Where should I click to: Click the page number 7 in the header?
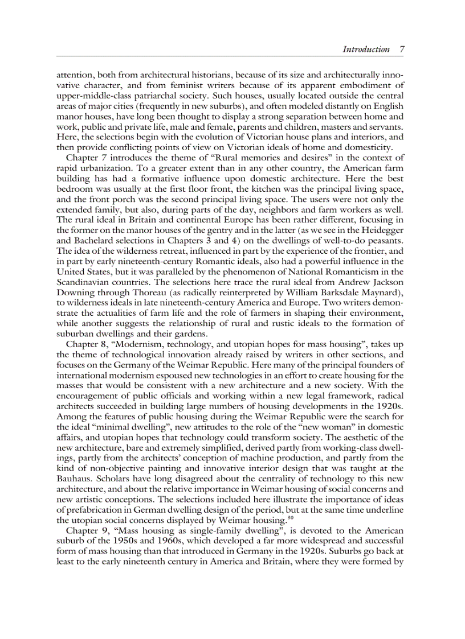click(x=402, y=50)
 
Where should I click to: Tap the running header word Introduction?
click(x=366, y=50)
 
